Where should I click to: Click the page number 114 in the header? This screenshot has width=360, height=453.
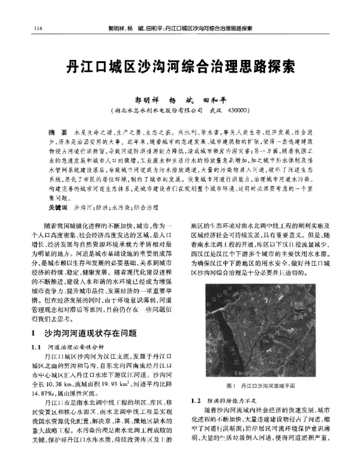tap(39, 28)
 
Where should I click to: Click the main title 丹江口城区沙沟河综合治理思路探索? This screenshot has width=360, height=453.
tap(179, 65)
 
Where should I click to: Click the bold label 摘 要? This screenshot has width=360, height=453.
tap(58, 131)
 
